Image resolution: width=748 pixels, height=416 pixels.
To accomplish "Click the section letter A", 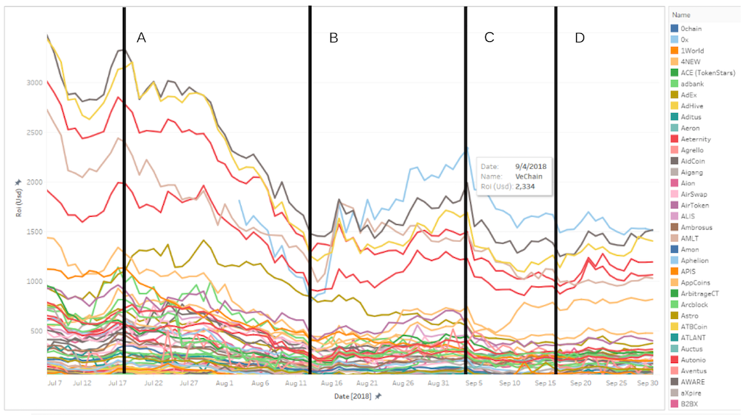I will [x=142, y=38].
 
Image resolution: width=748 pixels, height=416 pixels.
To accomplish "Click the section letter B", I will [x=334, y=38].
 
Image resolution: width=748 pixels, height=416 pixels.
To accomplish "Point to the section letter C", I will [x=489, y=38].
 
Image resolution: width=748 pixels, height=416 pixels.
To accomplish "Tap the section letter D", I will [x=580, y=38].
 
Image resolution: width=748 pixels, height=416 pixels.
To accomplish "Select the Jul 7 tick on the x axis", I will [x=54, y=383].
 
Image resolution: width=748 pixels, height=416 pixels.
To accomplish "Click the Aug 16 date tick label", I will [x=332, y=383].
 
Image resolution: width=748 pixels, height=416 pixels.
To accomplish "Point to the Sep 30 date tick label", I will [x=647, y=383].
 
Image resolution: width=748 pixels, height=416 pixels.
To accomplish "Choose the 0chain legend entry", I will [x=694, y=29].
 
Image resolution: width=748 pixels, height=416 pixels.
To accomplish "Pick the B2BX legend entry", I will [x=691, y=404].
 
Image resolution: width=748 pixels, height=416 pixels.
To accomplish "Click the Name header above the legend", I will [x=682, y=15].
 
